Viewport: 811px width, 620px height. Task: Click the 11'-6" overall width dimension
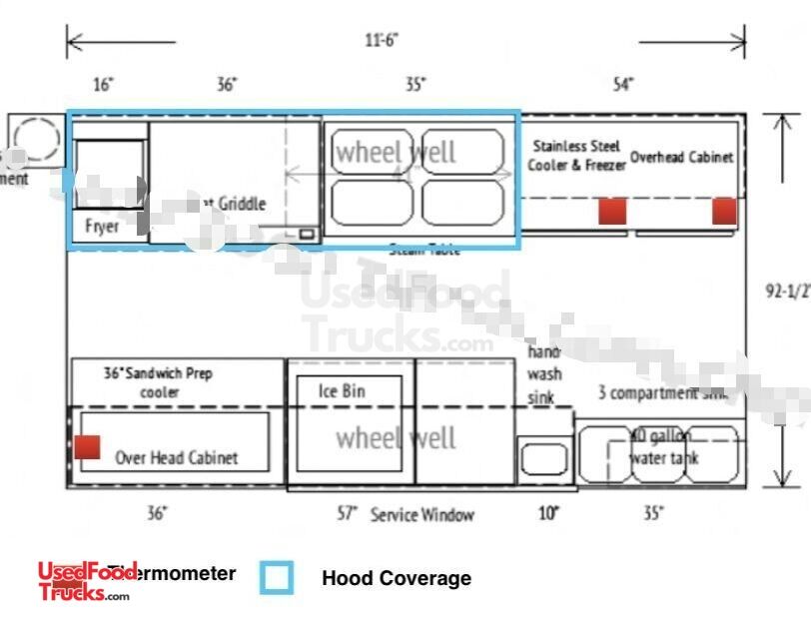(383, 41)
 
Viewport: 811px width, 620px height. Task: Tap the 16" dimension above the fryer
(103, 85)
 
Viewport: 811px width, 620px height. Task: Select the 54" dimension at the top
(622, 85)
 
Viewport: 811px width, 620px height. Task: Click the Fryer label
(102, 227)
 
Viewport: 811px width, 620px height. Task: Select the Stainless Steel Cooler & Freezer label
(577, 156)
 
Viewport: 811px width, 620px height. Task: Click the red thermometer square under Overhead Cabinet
(724, 211)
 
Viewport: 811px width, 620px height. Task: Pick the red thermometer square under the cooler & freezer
(611, 211)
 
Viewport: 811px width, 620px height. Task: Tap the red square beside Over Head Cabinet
(87, 446)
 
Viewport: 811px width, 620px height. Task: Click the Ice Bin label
(342, 391)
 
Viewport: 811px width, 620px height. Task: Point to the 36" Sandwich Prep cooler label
(159, 382)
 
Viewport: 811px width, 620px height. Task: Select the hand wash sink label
(544, 374)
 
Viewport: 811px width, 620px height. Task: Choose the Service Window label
(421, 515)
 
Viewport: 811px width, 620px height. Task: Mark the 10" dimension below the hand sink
(548, 514)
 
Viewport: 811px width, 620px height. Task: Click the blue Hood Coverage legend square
(277, 577)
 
